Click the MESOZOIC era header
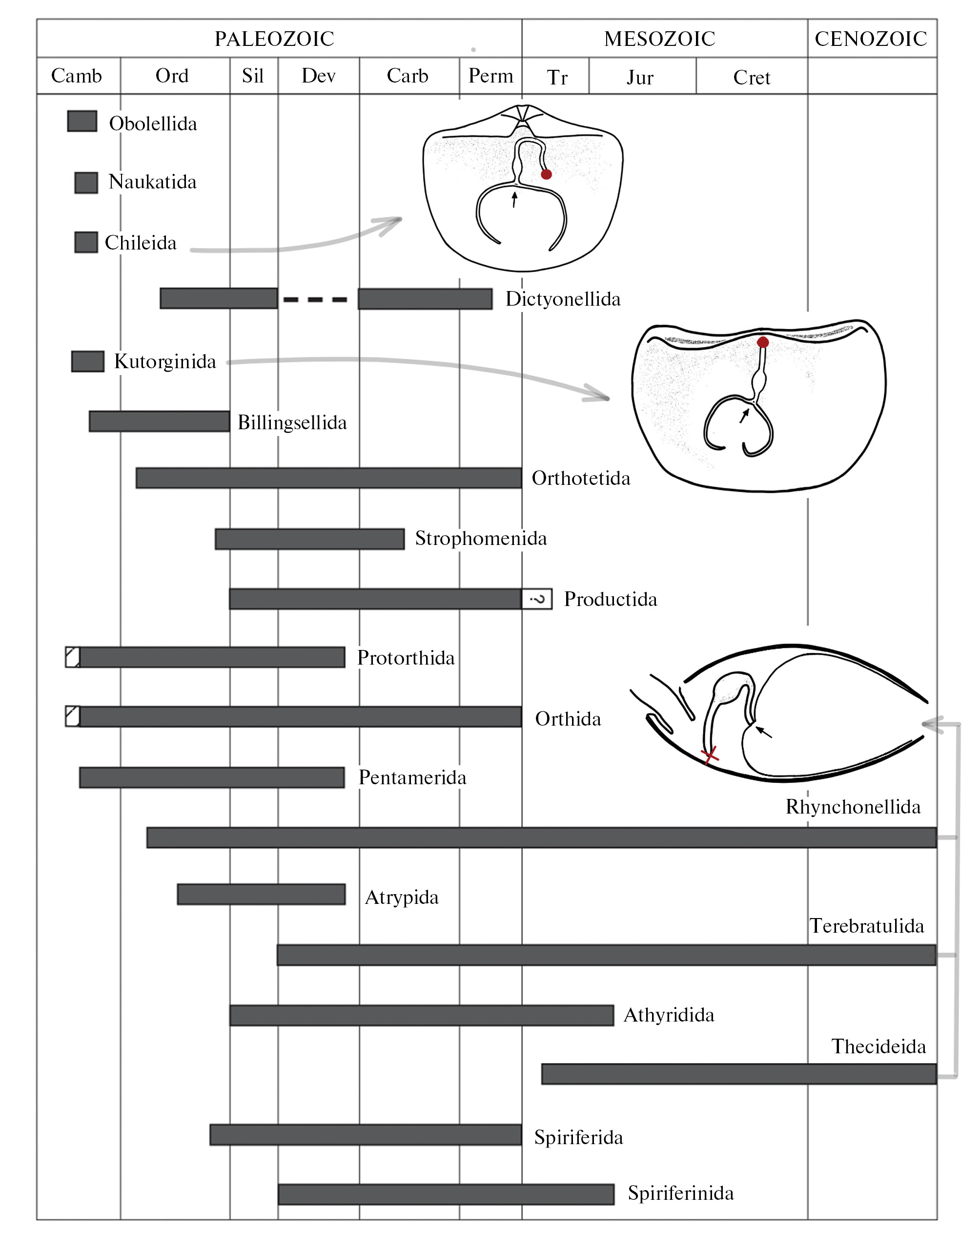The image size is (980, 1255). pyautogui.click(x=659, y=39)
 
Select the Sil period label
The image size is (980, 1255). pyautogui.click(x=253, y=76)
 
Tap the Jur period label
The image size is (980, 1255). pyautogui.click(x=640, y=78)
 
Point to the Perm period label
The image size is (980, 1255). pyautogui.click(x=490, y=76)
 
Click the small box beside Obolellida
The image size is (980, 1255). pyautogui.click(x=82, y=121)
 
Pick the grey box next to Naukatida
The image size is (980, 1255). pyautogui.click(x=86, y=183)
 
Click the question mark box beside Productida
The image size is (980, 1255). pyautogui.click(x=537, y=599)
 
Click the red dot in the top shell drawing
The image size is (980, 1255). pyautogui.click(x=546, y=174)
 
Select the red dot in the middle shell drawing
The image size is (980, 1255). pyautogui.click(x=763, y=342)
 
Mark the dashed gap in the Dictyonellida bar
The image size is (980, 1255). pyautogui.click(x=315, y=299)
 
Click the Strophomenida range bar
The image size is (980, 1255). pyautogui.click(x=309, y=539)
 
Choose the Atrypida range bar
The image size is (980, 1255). pyautogui.click(x=262, y=894)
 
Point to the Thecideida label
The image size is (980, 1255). pyautogui.click(x=878, y=1046)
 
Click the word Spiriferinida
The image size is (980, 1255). pyautogui.click(x=681, y=1193)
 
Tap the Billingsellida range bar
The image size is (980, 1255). pyautogui.click(x=159, y=421)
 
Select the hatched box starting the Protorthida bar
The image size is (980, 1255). pyautogui.click(x=73, y=657)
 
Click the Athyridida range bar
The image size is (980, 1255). pyautogui.click(x=422, y=1015)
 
